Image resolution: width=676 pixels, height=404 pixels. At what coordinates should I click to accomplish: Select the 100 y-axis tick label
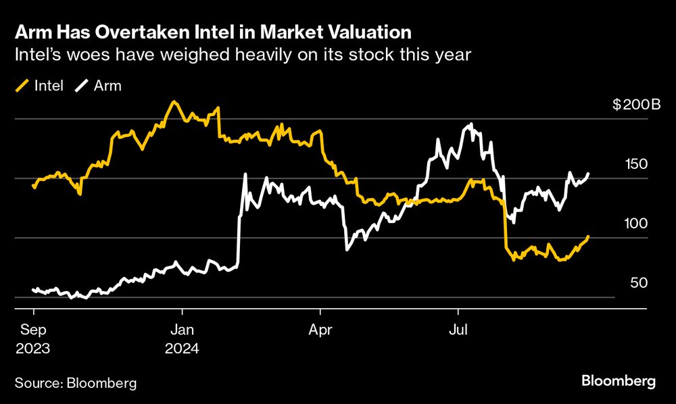(636, 223)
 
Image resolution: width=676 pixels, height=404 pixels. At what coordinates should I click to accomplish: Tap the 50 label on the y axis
(639, 282)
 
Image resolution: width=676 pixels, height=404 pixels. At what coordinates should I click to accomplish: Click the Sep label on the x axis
(33, 330)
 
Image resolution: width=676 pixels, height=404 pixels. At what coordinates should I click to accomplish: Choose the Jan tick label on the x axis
(182, 330)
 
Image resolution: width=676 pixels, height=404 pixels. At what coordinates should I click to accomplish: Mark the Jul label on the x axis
(458, 330)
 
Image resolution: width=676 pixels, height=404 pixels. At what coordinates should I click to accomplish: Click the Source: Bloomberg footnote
(76, 383)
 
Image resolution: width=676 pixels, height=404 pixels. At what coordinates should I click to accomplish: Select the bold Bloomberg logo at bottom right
(619, 382)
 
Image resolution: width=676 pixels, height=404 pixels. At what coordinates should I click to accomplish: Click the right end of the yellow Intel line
(588, 236)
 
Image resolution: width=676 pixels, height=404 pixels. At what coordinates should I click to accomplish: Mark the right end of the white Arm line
(589, 174)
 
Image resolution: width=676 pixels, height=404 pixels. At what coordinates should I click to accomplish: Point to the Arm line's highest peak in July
(470, 124)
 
